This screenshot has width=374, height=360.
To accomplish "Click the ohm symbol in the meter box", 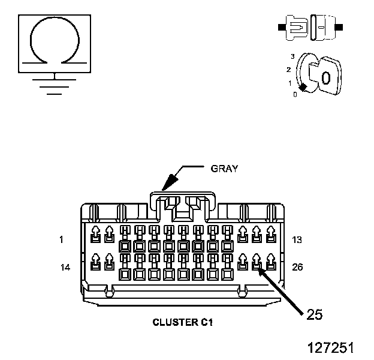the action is coord(55,18).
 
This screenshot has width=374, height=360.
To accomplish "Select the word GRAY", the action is coord(224,169).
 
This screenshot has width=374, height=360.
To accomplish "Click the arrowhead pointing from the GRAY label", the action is coord(170,182).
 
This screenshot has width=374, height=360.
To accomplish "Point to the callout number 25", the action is coord(315,314).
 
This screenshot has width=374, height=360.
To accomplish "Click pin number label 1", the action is coord(62,239).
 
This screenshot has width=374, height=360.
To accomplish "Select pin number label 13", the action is coord(297,239).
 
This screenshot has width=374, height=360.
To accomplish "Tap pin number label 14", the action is coord(65,268).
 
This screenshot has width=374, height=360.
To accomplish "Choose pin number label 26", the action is coord(297,267).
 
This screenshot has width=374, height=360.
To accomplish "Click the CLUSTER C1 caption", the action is coord(182,322).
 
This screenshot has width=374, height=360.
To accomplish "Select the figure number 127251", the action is coord(331,347).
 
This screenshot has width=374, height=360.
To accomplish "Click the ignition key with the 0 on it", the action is coord(325,76).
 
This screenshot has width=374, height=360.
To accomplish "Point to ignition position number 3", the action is coord(292,56).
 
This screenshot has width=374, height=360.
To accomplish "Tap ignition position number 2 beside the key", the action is coord(289,70).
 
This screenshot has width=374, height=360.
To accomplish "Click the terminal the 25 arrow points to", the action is coord(257,262).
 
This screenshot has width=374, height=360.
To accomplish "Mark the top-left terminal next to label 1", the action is coord(95,234).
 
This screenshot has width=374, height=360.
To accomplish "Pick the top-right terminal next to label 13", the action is coord(271,234).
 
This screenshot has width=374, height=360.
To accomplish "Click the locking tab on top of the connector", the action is coord(183,194).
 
